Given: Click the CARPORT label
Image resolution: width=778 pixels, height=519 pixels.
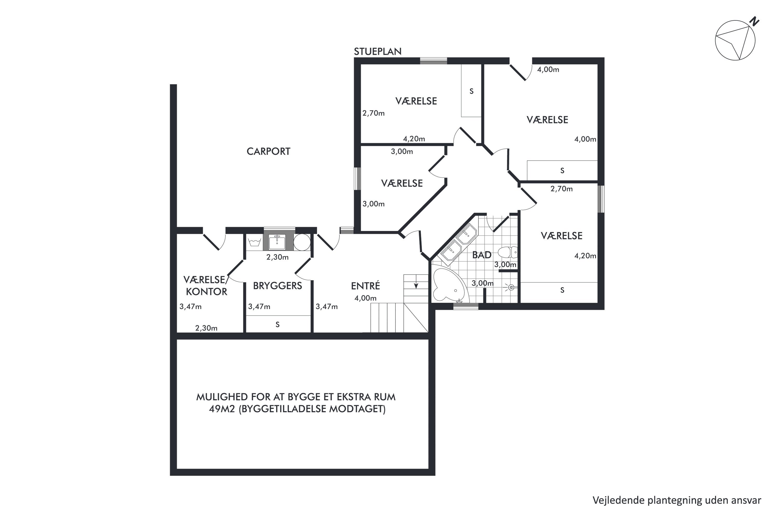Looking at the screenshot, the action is pyautogui.click(x=268, y=151).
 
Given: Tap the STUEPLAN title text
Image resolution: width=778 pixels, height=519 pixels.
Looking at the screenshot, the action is pyautogui.click(x=377, y=51).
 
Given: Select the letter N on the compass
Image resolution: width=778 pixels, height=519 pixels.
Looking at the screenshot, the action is pyautogui.click(x=754, y=21).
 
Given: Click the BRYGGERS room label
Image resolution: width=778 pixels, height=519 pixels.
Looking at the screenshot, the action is pyautogui.click(x=277, y=286).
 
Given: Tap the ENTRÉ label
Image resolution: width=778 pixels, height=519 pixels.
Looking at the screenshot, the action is pyautogui.click(x=365, y=286).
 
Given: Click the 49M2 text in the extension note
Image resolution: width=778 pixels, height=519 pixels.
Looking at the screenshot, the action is pyautogui.click(x=222, y=409).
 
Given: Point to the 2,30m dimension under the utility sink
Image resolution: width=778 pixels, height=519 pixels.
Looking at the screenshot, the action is pyautogui.click(x=277, y=257).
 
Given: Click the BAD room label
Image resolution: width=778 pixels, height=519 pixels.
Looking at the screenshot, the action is pyautogui.click(x=482, y=255).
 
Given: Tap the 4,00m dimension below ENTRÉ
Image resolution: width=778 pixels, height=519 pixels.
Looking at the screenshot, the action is pyautogui.click(x=365, y=298).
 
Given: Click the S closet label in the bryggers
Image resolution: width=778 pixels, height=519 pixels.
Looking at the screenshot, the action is pyautogui.click(x=277, y=325).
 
